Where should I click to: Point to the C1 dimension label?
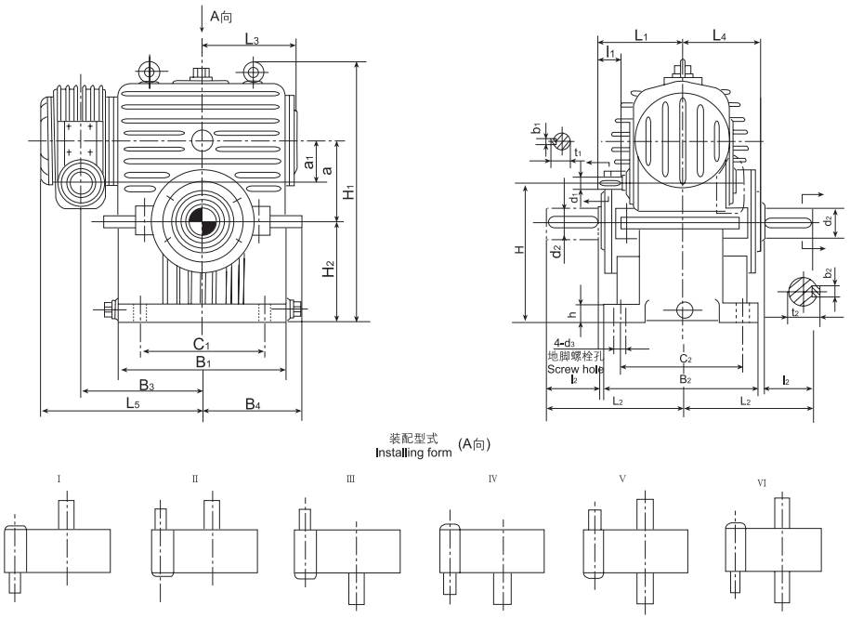pyautogui.click(x=202, y=344)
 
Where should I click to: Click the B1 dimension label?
pyautogui.click(x=202, y=362)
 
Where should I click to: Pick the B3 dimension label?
pyautogui.click(x=147, y=384)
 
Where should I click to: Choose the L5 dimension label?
pyautogui.click(x=133, y=402)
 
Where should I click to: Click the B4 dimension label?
pyautogui.click(x=253, y=402)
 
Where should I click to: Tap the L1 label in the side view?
pyautogui.click(x=640, y=35)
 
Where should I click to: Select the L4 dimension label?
pyautogui.click(x=720, y=35)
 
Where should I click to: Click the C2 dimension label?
pyautogui.click(x=684, y=360)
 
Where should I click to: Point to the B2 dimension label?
pyautogui.click(x=684, y=379)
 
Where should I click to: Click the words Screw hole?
pyautogui.click(x=575, y=369)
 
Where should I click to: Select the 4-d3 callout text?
pyautogui.click(x=564, y=344)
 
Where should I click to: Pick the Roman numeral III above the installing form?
pyautogui.click(x=350, y=480)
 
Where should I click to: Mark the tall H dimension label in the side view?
pyautogui.click(x=521, y=251)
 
